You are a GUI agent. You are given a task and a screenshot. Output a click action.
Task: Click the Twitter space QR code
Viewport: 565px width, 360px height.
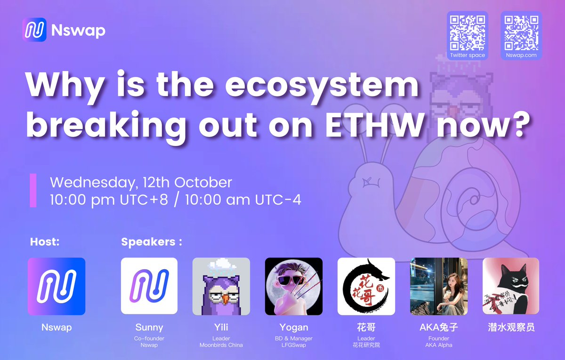tap(468, 32)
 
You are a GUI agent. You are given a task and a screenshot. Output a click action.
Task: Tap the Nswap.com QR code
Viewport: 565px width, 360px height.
tap(521, 32)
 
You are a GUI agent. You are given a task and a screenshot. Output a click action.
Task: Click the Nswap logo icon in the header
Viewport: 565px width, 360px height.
tap(34, 30)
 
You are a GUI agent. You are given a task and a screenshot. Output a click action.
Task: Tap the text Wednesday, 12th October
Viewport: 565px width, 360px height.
tap(141, 183)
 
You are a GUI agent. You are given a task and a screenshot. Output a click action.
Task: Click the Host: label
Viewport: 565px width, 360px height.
tap(44, 242)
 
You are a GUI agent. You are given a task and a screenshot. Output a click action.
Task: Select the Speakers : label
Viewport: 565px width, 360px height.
tap(151, 242)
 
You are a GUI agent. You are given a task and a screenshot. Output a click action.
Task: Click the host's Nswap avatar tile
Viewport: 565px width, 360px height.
tap(56, 286)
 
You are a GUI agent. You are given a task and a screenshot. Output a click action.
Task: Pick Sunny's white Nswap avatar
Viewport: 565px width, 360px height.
tap(149, 286)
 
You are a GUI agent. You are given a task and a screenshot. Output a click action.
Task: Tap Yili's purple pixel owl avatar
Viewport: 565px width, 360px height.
tap(221, 286)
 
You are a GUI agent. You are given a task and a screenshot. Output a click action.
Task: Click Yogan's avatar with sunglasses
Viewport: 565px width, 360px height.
tap(294, 286)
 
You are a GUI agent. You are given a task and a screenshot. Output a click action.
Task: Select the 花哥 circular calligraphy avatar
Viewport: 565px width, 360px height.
tap(366, 286)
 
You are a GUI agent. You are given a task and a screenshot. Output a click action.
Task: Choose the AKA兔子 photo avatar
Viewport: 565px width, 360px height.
tap(439, 286)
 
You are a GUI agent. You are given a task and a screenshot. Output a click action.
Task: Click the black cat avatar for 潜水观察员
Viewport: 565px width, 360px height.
tap(511, 286)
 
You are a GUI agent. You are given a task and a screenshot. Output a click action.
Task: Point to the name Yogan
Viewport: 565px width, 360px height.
tap(293, 328)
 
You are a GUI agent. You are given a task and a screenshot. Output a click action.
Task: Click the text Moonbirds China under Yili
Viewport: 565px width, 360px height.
tap(221, 345)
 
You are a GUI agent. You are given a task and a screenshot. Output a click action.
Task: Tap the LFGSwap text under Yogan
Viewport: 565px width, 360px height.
tap(293, 345)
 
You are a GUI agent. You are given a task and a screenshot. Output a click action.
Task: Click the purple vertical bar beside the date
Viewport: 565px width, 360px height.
tap(33, 190)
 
